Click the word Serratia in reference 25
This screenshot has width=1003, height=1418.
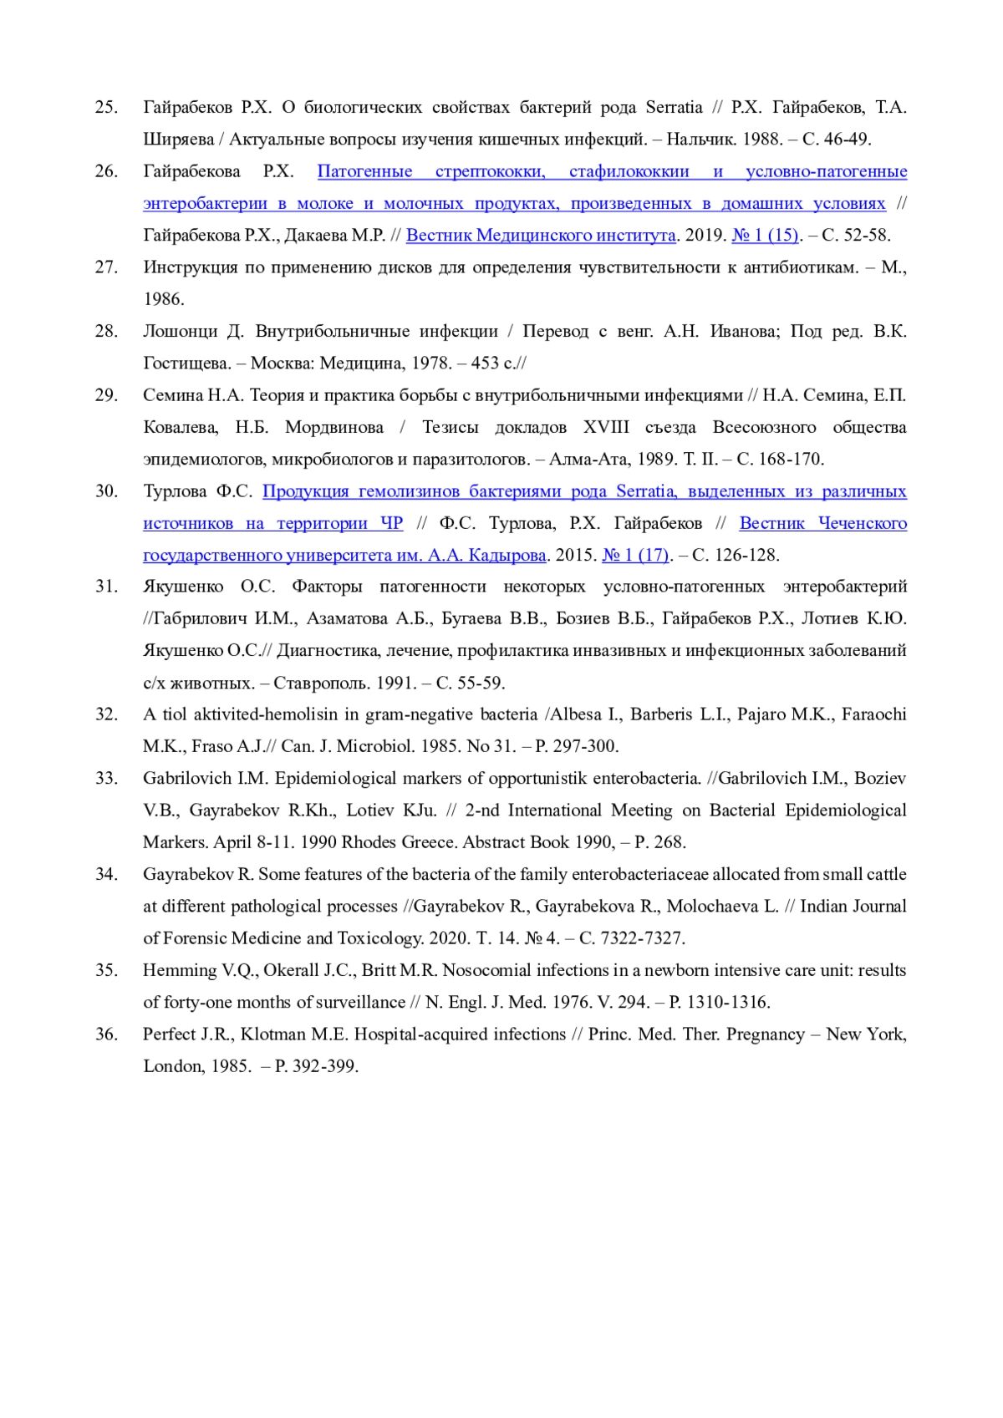pyautogui.click(x=674, y=107)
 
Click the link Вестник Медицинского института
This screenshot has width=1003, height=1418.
pyautogui.click(x=541, y=235)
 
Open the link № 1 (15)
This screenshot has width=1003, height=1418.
pyautogui.click(x=765, y=235)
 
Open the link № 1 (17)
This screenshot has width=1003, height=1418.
pyautogui.click(x=636, y=555)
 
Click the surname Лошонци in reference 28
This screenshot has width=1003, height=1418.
pyautogui.click(x=180, y=331)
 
